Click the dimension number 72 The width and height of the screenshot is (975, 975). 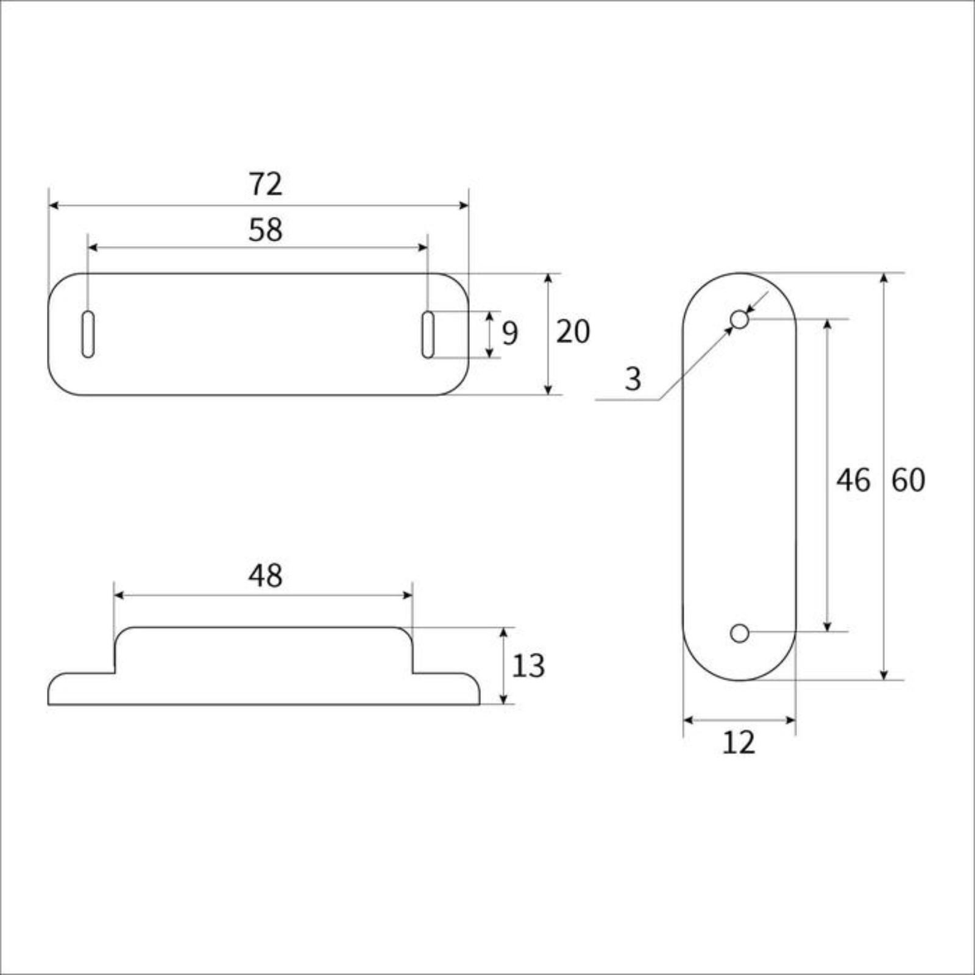pyautogui.click(x=266, y=184)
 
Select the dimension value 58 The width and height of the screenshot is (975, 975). pyautogui.click(x=266, y=230)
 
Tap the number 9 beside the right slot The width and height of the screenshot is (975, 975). pyautogui.click(x=510, y=333)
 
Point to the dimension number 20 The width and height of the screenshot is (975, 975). pyautogui.click(x=573, y=332)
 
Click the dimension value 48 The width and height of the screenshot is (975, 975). pyautogui.click(x=265, y=576)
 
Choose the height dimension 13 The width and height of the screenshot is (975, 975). pyautogui.click(x=528, y=666)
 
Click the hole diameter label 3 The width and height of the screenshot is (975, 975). pyautogui.click(x=633, y=380)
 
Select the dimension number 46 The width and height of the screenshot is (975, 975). pyautogui.click(x=853, y=480)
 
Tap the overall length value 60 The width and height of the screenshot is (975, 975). pyautogui.click(x=908, y=480)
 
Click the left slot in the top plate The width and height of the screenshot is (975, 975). pyautogui.click(x=88, y=334)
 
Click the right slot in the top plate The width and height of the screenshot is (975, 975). pyautogui.click(x=428, y=334)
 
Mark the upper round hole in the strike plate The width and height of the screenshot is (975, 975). pyautogui.click(x=739, y=319)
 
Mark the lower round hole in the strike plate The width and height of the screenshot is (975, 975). pyautogui.click(x=739, y=633)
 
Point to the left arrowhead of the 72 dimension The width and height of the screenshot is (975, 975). pyautogui.click(x=53, y=205)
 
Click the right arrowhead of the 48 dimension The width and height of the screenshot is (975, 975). pyautogui.click(x=408, y=595)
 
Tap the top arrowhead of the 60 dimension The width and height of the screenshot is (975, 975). pyautogui.click(x=884, y=278)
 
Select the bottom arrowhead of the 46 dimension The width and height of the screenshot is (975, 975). pyautogui.click(x=827, y=627)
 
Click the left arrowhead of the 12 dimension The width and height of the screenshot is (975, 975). pyautogui.click(x=688, y=720)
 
